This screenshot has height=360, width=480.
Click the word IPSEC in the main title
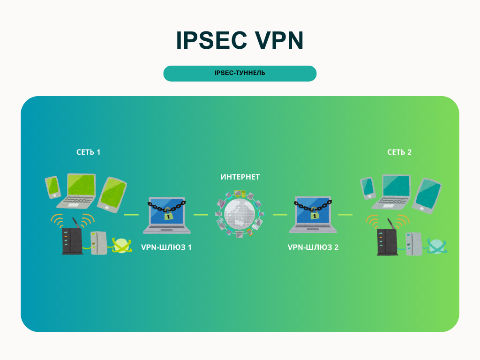211,41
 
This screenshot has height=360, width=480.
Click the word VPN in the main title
279,41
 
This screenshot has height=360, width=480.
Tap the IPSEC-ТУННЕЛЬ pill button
240,73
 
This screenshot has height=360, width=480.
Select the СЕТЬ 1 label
89,152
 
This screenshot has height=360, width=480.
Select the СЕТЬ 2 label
399,152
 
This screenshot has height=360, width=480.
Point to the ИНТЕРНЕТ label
240,177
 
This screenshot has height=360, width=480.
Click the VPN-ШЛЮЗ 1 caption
166,247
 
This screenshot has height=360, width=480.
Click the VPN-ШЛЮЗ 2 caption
313,247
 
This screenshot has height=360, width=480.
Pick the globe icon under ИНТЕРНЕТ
240,213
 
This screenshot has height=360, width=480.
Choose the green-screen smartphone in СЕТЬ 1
52,187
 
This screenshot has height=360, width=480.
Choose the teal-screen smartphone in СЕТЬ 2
368,187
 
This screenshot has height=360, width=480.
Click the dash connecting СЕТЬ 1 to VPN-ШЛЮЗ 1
131,215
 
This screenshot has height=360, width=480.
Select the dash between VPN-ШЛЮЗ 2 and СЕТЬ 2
345,215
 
